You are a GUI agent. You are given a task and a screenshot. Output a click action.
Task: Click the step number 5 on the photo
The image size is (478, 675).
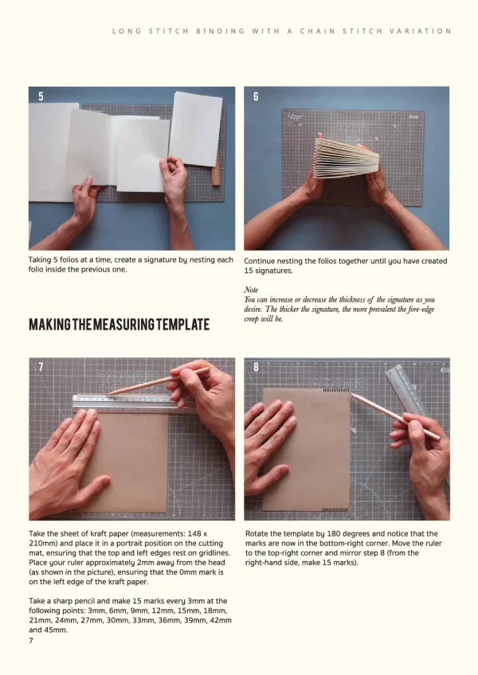tap(41, 97)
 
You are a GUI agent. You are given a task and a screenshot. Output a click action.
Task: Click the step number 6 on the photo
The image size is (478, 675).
tap(256, 97)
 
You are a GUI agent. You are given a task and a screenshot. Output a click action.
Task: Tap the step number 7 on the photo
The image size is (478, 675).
tap(41, 367)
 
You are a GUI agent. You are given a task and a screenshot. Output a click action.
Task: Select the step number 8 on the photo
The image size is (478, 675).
tap(256, 367)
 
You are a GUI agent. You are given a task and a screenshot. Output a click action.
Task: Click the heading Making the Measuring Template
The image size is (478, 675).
tap(119, 325)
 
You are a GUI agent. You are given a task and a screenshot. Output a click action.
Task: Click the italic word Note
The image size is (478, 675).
tap(251, 291)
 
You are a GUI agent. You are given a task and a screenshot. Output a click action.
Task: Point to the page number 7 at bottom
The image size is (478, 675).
tap(31, 640)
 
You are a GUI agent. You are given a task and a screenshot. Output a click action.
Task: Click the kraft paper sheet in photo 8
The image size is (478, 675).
tap(307, 450)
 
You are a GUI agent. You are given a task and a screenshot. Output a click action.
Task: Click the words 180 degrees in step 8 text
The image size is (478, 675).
tap(348, 533)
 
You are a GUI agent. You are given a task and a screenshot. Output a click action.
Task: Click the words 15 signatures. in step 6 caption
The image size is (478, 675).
tap(268, 271)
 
